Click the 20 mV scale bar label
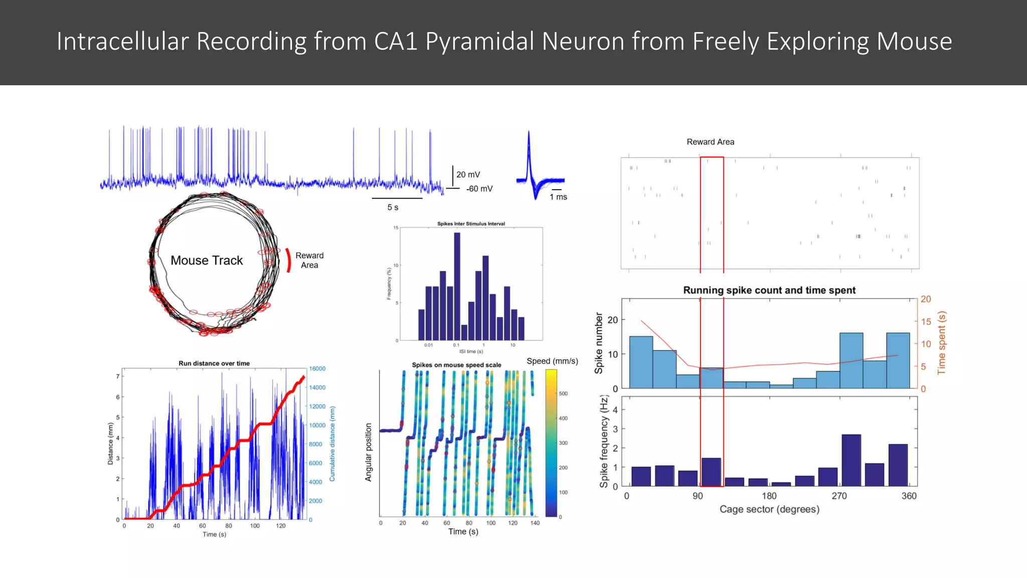[468, 175]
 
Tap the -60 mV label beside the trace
[479, 189]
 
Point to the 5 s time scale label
[393, 207]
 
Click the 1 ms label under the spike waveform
[558, 197]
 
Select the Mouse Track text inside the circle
[207, 260]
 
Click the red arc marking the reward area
[288, 260]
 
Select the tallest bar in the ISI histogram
[457, 286]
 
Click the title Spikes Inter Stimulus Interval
[471, 224]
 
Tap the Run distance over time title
[214, 363]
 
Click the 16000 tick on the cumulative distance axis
[317, 369]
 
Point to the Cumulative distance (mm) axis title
[332, 444]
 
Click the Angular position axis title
[369, 452]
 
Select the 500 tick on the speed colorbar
[563, 394]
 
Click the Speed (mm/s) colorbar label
[552, 361]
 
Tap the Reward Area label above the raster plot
[710, 142]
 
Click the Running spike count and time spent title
[769, 290]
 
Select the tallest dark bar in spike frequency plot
[851, 460]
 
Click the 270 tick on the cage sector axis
[839, 496]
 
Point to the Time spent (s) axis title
[941, 343]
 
